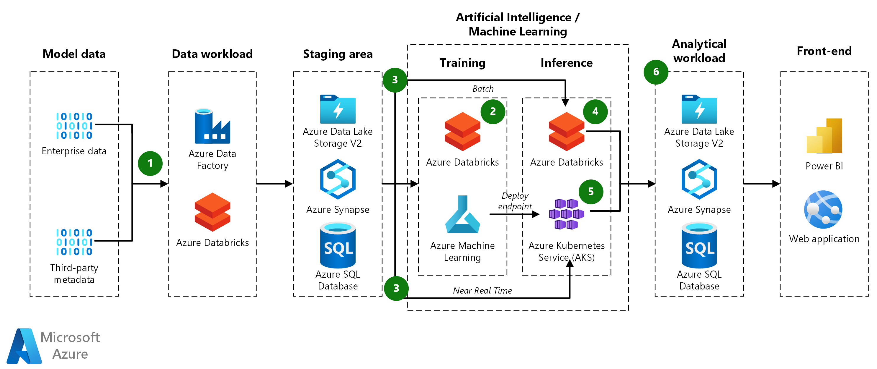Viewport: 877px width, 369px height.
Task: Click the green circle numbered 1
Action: (x=150, y=163)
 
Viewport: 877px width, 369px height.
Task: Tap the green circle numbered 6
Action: (x=656, y=72)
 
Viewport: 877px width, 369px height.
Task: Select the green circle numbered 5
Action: (x=591, y=192)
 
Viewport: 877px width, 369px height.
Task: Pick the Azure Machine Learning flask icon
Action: (x=462, y=215)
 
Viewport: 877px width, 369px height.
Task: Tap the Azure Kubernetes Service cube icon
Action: (x=566, y=214)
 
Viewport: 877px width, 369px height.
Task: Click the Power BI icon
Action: (x=824, y=136)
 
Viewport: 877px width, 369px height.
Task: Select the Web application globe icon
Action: (x=823, y=209)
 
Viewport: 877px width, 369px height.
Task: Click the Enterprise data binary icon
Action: (x=74, y=126)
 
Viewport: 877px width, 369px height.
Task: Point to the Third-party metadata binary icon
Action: (x=74, y=242)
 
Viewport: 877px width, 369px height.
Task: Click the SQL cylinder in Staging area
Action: (x=338, y=245)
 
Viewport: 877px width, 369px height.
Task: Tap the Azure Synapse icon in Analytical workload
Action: (x=699, y=179)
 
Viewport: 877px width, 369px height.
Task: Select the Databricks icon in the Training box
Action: (x=462, y=132)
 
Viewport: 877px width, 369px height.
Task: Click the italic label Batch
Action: (x=483, y=89)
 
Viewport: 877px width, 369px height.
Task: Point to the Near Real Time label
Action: (x=482, y=291)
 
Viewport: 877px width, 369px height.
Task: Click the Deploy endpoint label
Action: (x=515, y=201)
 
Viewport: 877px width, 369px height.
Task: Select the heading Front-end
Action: (x=824, y=51)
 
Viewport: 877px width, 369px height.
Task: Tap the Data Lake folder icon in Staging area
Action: (x=338, y=109)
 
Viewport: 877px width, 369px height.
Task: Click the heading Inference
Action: (x=566, y=63)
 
